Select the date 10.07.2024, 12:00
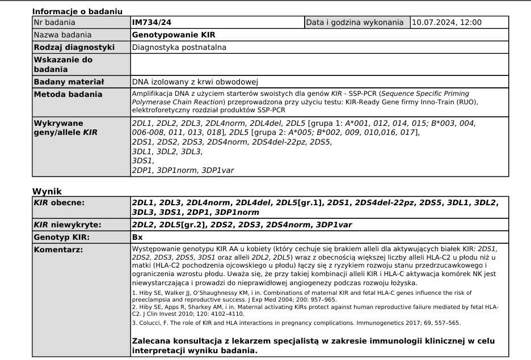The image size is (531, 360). (x=446, y=23)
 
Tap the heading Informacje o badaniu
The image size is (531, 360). (x=77, y=11)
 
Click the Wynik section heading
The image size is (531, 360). (x=47, y=192)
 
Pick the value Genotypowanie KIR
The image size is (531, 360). (x=174, y=35)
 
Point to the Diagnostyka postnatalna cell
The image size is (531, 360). (x=179, y=47)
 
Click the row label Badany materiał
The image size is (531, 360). (x=64, y=82)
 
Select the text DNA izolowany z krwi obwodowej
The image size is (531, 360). (x=195, y=82)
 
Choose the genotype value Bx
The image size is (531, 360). (x=137, y=237)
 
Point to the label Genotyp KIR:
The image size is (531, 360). (x=61, y=237)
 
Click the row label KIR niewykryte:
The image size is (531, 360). (x=68, y=225)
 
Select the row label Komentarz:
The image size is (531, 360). (x=58, y=249)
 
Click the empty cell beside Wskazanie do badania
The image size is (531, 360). (x=319, y=64)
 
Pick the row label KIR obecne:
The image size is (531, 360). (x=60, y=202)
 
